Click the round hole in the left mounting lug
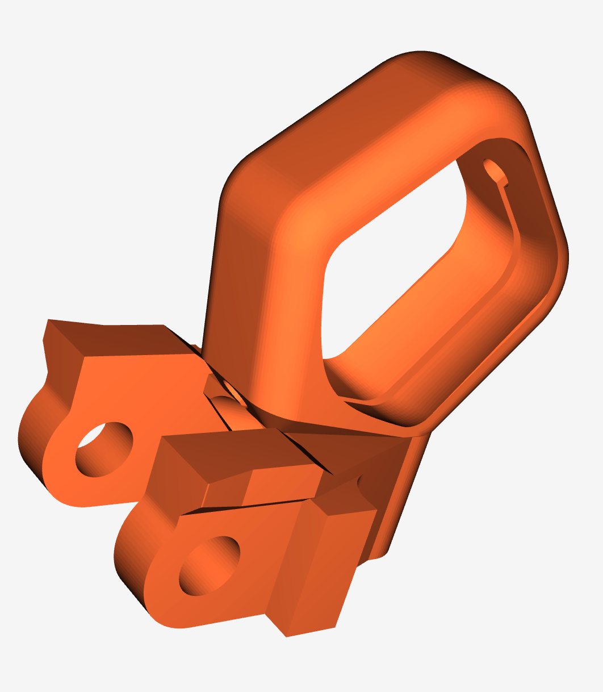(104, 449)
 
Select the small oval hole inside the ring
(494, 170)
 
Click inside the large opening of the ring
(397, 256)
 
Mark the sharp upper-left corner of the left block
(48, 320)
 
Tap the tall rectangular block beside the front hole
(318, 568)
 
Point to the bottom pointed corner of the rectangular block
(286, 636)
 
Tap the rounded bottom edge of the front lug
(170, 622)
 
